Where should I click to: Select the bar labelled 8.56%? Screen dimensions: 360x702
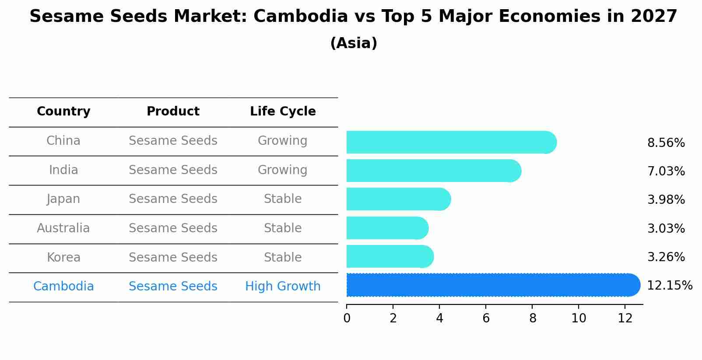pos(451,142)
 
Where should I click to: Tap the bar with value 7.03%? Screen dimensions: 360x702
pos(433,171)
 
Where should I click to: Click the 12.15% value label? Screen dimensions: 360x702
pos(669,286)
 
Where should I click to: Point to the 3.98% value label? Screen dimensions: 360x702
pos(666,200)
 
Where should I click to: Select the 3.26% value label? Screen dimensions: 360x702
pos(666,257)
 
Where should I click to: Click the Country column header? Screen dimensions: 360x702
pos(63,112)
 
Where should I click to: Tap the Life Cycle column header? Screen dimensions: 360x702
pos(283,112)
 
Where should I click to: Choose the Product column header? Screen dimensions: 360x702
pos(173,112)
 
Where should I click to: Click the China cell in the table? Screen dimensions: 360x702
pos(63,141)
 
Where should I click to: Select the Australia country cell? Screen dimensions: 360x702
pos(63,228)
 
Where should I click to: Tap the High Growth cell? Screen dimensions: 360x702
pos(283,287)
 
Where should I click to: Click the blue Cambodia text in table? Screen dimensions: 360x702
pos(63,287)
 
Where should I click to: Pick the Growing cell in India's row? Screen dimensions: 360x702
pos(283,170)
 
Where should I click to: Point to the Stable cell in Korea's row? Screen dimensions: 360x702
pos(283,258)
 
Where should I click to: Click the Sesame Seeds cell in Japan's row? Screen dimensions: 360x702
pos(173,199)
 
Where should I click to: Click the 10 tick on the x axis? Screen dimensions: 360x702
pos(579,318)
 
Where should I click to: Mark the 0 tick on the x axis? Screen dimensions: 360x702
pos(347,318)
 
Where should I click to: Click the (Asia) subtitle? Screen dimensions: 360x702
pos(354,43)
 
